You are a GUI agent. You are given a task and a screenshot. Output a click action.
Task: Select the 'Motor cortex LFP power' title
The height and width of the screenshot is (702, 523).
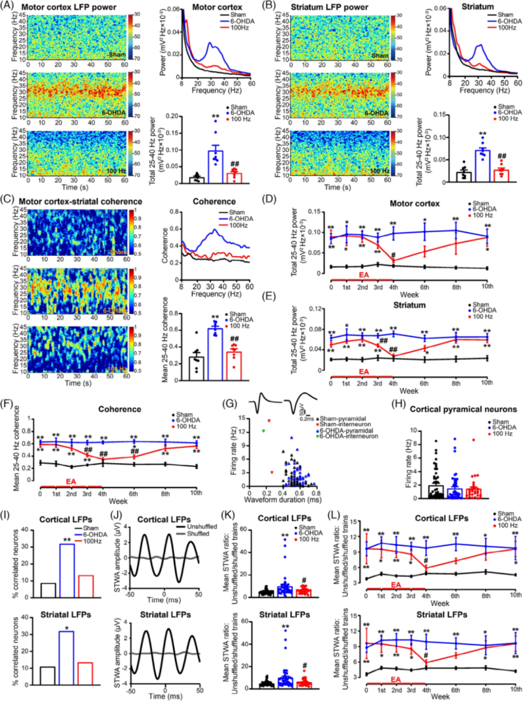(x=69, y=7)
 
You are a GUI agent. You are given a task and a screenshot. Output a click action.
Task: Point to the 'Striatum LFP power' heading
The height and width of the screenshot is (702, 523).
(x=329, y=7)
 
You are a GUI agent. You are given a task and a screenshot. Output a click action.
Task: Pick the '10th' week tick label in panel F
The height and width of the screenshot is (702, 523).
(x=196, y=493)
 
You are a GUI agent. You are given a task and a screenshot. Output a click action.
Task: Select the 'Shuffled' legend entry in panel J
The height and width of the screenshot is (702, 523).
(x=198, y=533)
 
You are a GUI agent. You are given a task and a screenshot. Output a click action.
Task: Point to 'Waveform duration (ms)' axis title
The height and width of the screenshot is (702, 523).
(x=282, y=499)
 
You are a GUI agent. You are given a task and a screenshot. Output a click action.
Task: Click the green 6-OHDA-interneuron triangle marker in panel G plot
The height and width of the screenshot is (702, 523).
(x=263, y=431)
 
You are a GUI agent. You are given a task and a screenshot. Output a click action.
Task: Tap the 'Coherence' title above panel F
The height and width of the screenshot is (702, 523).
(x=120, y=409)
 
